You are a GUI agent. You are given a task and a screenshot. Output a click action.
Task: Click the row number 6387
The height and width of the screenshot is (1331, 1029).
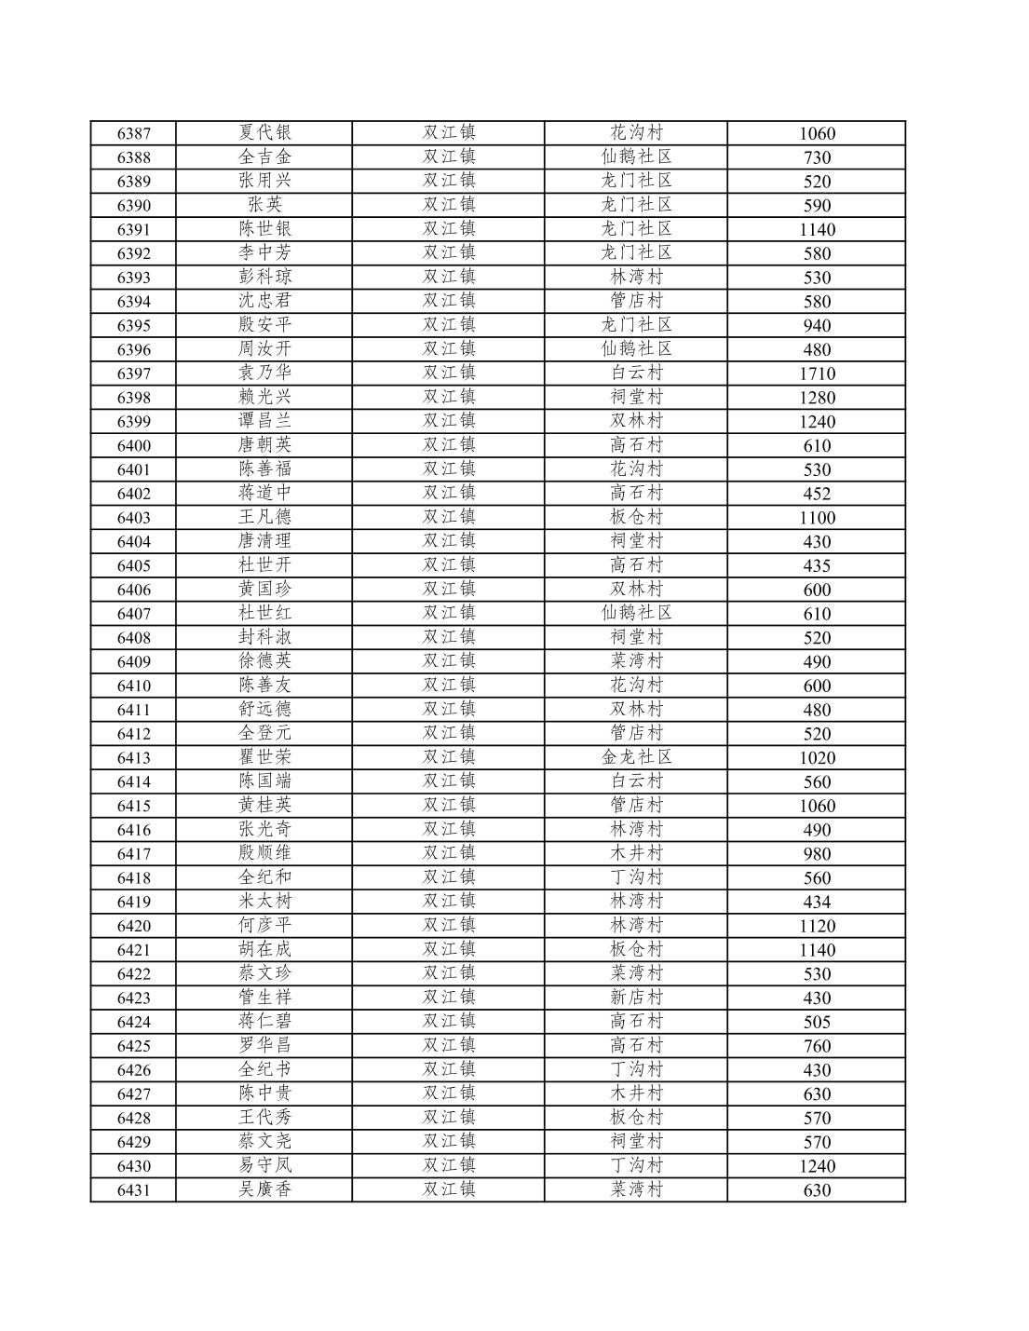[133, 133]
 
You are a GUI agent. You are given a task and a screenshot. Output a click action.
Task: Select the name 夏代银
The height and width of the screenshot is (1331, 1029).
[264, 132]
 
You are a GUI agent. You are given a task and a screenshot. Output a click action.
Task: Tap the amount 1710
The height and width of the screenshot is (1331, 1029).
[817, 373]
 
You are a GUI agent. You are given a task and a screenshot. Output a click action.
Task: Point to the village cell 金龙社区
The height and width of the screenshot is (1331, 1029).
[636, 757]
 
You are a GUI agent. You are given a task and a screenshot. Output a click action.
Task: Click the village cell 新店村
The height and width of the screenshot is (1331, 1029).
[636, 998]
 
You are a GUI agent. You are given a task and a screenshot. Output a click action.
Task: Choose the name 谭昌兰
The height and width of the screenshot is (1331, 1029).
[264, 421]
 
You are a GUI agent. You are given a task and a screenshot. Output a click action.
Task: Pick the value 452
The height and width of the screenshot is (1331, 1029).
[817, 494]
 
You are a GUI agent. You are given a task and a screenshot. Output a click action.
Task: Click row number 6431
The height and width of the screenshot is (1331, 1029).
[133, 1190]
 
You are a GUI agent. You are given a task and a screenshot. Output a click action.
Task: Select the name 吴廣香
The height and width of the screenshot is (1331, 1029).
[264, 1189]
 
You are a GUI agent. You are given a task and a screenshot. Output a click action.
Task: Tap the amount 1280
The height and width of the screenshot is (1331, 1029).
[817, 398]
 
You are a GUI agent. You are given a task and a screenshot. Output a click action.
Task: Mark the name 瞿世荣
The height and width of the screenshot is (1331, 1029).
[264, 757]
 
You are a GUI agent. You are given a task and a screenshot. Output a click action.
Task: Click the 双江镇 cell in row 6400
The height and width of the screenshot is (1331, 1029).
[449, 445]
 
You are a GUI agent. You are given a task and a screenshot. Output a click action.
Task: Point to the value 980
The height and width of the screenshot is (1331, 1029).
[817, 854]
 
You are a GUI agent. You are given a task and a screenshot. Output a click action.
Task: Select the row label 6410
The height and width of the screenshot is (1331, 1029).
[133, 686]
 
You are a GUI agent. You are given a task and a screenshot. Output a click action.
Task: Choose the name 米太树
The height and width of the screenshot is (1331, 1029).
[264, 902]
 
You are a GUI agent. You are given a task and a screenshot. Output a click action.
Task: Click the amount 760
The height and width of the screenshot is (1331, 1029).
[817, 1046]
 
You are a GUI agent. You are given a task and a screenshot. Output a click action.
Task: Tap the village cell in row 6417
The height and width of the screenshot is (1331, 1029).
[636, 853]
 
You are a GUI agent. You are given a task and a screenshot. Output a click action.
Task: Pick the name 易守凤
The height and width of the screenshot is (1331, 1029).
[264, 1165]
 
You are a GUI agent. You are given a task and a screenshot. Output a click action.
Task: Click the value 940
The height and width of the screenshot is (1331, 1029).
[817, 325]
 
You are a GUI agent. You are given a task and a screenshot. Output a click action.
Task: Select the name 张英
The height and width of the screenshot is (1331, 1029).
[264, 205]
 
